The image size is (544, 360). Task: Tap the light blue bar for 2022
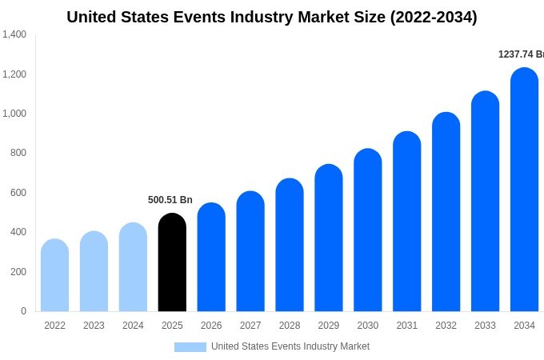coord(54,275)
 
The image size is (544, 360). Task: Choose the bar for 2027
coord(250,251)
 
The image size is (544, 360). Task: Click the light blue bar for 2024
coord(133,267)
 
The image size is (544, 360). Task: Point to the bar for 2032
coord(446,212)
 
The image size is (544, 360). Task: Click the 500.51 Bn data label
coord(170,200)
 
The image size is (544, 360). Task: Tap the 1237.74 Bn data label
coord(521,54)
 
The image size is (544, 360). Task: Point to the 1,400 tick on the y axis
coord(14,34)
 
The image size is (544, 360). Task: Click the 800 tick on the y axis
coord(18,153)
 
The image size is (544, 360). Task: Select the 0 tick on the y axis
coord(23,311)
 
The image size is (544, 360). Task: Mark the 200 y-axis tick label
coord(18,272)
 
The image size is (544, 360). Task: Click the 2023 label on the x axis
coord(94,326)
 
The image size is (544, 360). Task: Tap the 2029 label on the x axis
coord(329,326)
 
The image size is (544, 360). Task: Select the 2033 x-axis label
coord(485,326)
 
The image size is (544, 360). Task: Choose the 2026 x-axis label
coord(211,326)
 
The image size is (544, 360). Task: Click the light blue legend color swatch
coord(190,347)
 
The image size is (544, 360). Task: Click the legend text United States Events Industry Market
coord(290,346)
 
